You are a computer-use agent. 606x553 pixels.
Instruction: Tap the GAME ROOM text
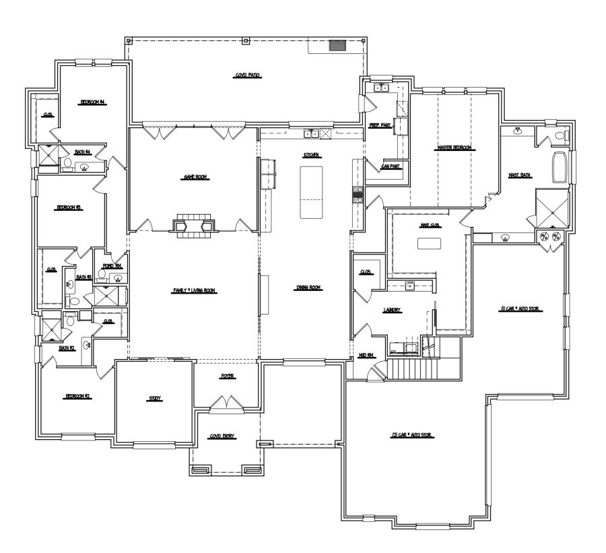[193, 176]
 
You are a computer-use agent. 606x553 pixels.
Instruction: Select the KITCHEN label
[311, 155]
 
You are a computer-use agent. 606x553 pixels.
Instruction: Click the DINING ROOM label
[308, 288]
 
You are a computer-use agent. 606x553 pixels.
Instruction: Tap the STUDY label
[155, 399]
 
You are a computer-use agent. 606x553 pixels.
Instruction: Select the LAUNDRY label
[393, 311]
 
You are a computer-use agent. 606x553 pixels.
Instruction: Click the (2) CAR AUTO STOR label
[411, 435]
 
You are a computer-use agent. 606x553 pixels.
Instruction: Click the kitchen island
[312, 192]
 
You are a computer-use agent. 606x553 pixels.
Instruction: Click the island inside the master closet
[429, 244]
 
